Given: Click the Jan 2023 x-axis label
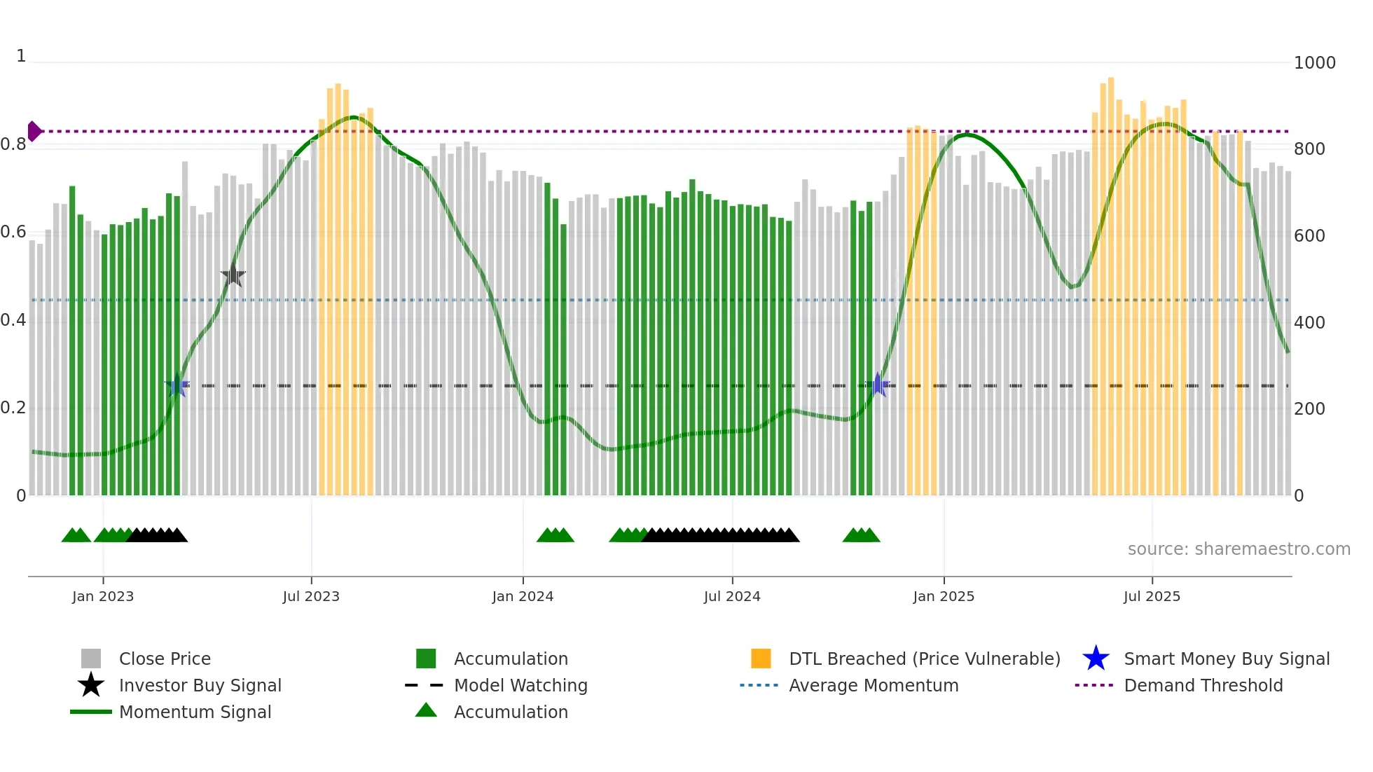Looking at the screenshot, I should (103, 596).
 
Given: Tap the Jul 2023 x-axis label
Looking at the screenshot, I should (311, 596).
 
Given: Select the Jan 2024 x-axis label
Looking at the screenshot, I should (523, 596).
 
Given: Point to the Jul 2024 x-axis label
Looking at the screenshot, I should (732, 596).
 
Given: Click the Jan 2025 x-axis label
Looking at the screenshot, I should (944, 596).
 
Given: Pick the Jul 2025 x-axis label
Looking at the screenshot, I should (1152, 596).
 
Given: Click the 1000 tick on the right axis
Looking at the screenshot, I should (1314, 63).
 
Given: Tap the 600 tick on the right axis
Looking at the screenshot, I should (1309, 236).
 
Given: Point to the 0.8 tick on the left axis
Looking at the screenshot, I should (14, 144).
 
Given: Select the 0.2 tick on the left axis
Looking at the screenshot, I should (14, 408).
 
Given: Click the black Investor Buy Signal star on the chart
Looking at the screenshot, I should (233, 275).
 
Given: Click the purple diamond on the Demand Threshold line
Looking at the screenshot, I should (34, 131).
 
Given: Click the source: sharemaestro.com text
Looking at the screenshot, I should (1239, 549).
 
